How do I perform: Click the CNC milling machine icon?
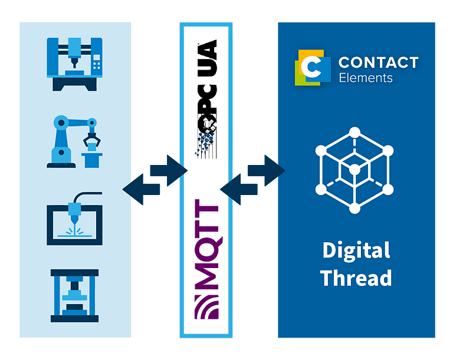tap(74, 64)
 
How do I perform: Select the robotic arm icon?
tap(74, 141)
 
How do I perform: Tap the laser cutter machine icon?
tap(74, 219)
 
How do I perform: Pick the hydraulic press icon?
tap(74, 296)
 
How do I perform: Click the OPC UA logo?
tap(206, 99)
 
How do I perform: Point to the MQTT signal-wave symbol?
tap(206, 307)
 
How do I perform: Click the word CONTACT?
tap(379, 62)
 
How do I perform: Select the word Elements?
tap(366, 78)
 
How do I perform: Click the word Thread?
tap(356, 278)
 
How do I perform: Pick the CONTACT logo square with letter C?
tap(313, 68)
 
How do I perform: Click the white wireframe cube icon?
tap(354, 170)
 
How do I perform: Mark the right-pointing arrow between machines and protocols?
tap(169, 170)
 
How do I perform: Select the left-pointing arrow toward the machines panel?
tap(141, 189)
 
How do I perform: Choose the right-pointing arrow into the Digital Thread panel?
tap(267, 170)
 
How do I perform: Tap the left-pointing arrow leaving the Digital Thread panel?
tap(239, 189)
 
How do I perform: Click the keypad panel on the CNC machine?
tap(97, 62)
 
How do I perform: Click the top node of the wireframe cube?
tap(354, 133)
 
